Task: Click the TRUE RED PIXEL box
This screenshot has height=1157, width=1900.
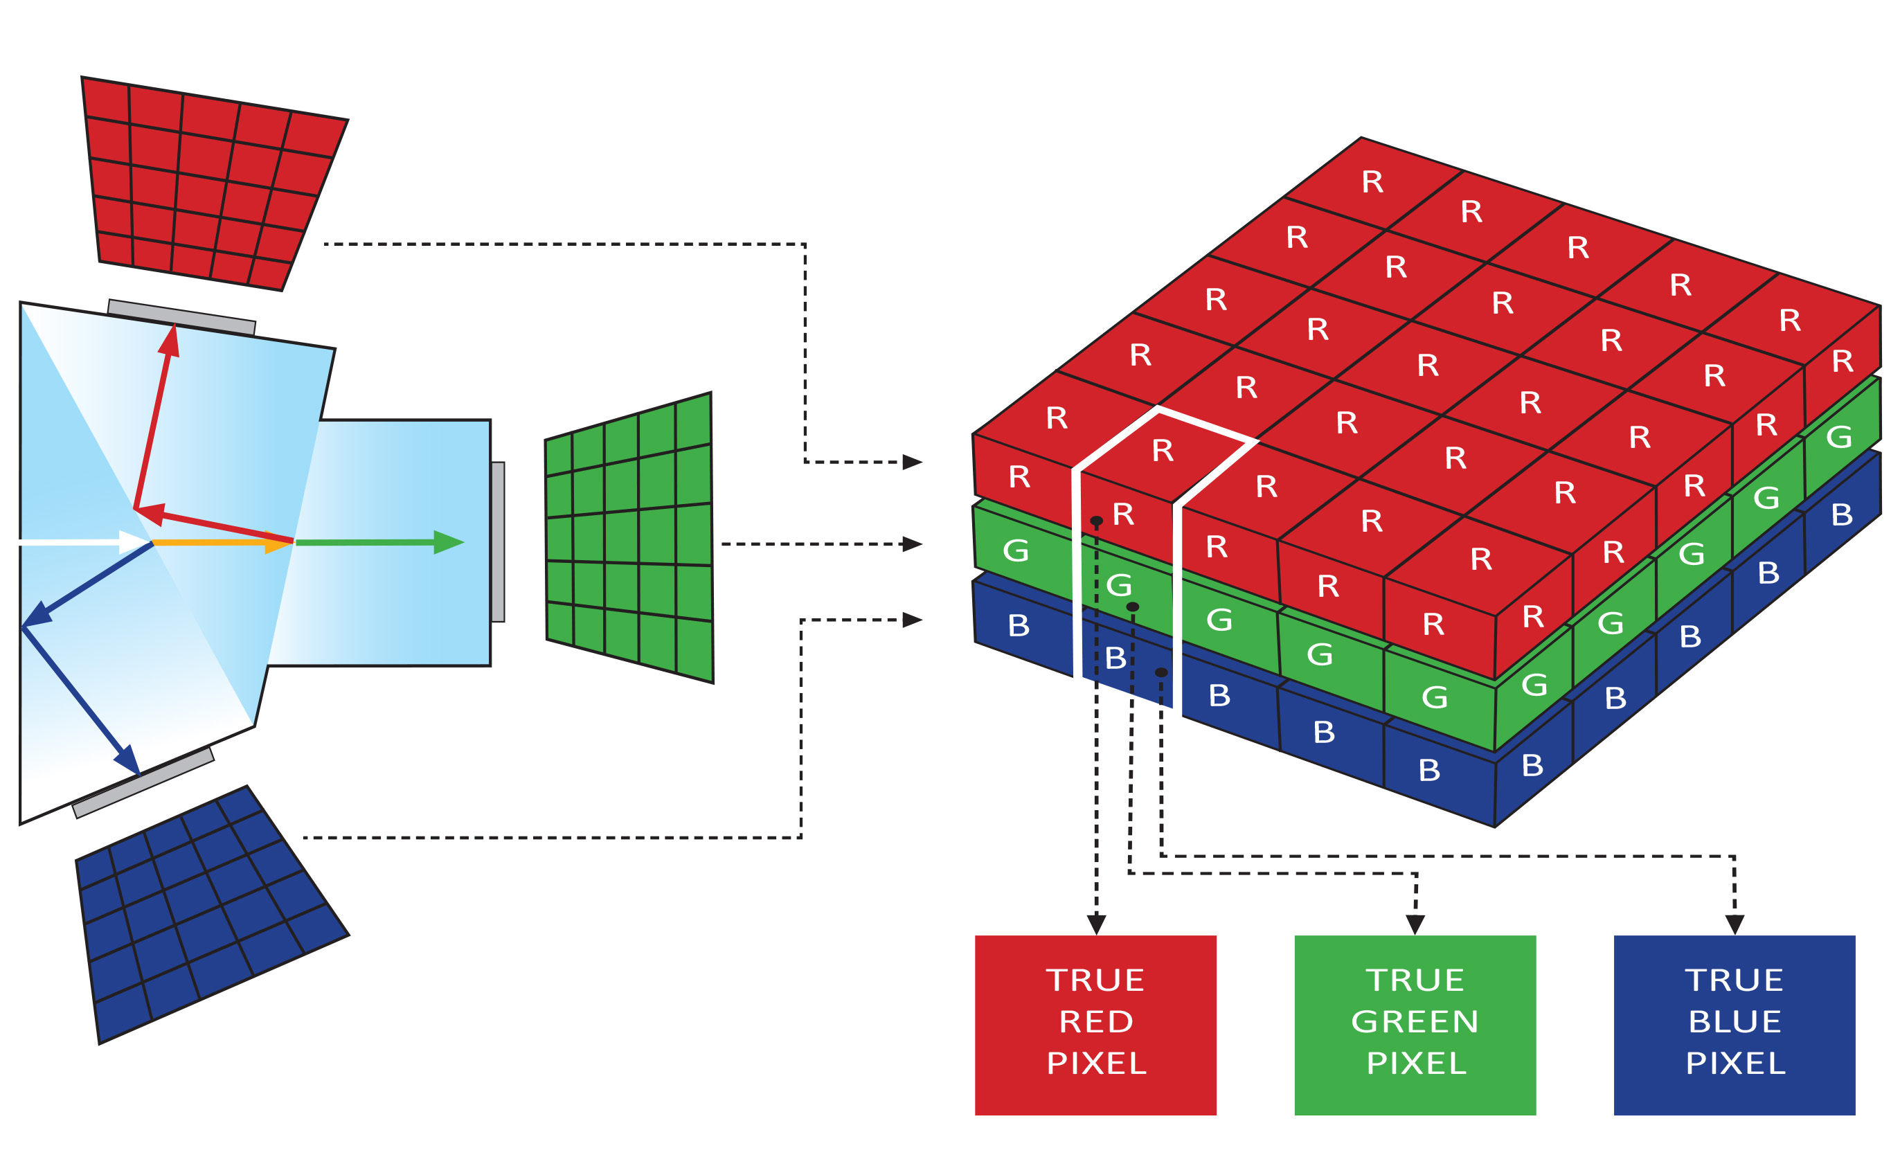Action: click(x=1095, y=1025)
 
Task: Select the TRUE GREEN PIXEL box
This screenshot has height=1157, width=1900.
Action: click(x=1415, y=1025)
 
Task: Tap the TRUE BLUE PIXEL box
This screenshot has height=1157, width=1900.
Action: click(x=1735, y=1025)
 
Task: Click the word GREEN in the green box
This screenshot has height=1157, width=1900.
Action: click(x=1415, y=1022)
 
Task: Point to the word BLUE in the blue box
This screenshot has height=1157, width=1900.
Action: click(x=1735, y=1022)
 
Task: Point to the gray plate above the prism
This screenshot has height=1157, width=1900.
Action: click(x=182, y=317)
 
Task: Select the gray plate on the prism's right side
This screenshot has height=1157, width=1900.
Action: click(x=498, y=541)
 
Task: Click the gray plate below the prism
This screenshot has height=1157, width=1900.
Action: click(x=143, y=782)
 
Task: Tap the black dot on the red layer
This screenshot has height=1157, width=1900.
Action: click(x=1097, y=521)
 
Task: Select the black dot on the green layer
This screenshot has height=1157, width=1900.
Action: click(x=1133, y=607)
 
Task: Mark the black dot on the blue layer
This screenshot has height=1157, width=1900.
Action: click(x=1161, y=672)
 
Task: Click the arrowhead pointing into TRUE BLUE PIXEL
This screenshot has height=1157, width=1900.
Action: click(x=1735, y=924)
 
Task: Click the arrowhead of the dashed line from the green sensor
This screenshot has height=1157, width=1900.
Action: click(x=912, y=544)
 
